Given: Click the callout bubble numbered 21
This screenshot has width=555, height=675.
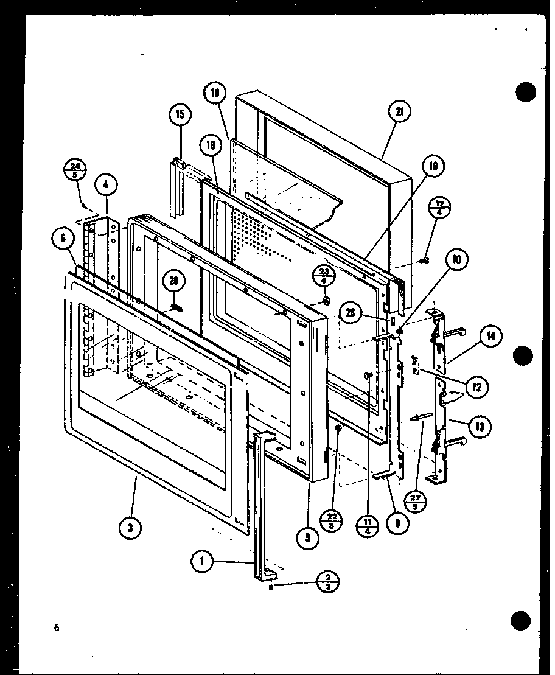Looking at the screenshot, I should click(x=400, y=111).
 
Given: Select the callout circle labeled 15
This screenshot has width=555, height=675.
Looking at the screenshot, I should click(x=181, y=114).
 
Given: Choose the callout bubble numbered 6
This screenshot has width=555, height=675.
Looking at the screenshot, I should click(x=63, y=240).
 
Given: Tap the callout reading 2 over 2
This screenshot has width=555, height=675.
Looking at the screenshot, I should click(x=327, y=581).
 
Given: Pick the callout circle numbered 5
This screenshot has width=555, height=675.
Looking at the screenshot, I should click(x=309, y=537).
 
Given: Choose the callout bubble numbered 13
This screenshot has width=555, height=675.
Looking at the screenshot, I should click(x=481, y=427).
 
